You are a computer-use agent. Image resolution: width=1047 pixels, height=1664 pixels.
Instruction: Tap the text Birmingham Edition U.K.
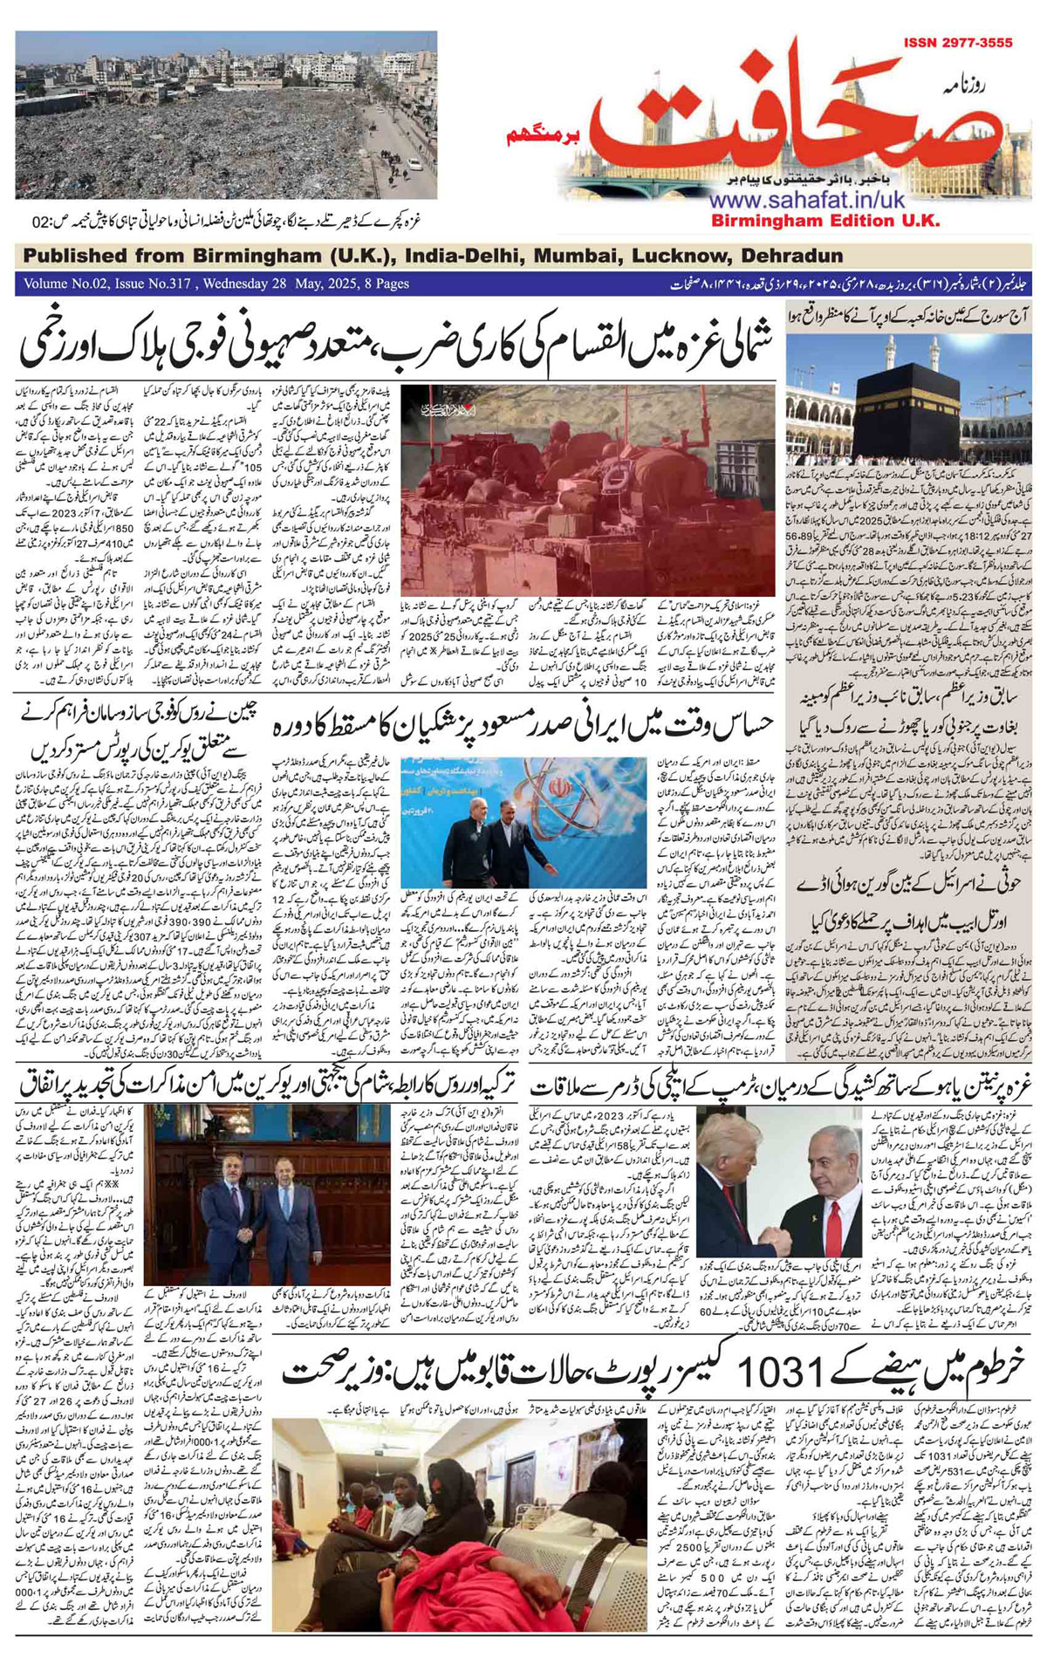(x=825, y=221)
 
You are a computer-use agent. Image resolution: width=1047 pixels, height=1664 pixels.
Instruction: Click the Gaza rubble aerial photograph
(x=225, y=116)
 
